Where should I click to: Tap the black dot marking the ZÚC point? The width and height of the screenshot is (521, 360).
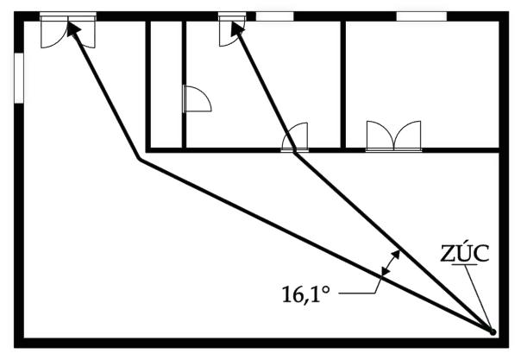pos(493,331)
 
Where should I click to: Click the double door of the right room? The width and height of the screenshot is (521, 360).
pos(393,136)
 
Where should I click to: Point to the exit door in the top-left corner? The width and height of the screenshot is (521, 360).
pos(67,29)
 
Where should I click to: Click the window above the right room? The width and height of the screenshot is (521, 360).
pos(420,16)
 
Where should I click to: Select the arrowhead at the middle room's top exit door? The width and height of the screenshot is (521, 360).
pos(234,28)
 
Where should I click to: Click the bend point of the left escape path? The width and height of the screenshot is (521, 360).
pos(139,160)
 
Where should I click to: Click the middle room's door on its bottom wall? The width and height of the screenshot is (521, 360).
pos(295,138)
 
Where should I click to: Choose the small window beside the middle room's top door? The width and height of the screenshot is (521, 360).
pos(274,16)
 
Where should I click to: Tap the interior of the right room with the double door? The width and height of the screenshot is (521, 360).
pos(423,78)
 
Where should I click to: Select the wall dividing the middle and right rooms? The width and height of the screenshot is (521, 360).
pos(343,82)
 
